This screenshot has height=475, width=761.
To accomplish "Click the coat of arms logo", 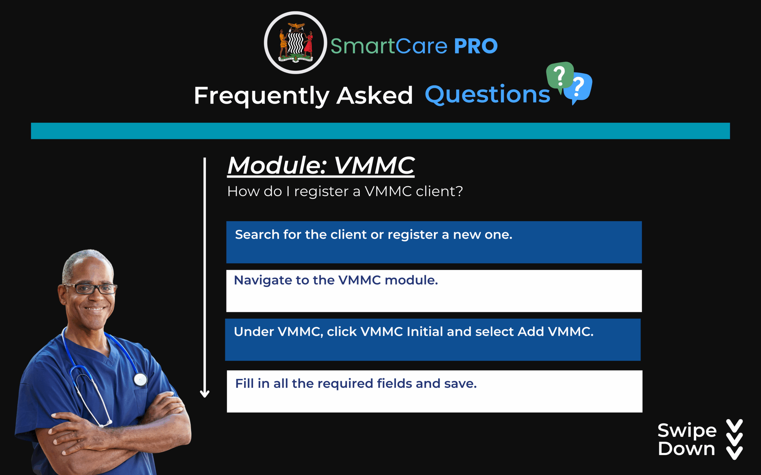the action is point(295,43).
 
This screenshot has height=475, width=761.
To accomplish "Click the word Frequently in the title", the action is point(262,96).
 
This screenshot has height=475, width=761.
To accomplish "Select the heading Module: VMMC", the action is point(321,166).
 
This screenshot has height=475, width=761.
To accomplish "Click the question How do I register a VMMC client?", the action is point(345,191).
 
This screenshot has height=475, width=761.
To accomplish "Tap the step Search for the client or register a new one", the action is point(374,235).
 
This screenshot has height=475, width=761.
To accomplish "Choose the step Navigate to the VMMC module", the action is point(336,280).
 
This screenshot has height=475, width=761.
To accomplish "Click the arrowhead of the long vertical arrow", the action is point(205,394).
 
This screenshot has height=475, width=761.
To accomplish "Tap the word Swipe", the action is point(687,430).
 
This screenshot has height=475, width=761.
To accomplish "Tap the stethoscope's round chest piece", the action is point(140,379).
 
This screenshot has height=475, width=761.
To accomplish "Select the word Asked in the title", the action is point(375,95).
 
